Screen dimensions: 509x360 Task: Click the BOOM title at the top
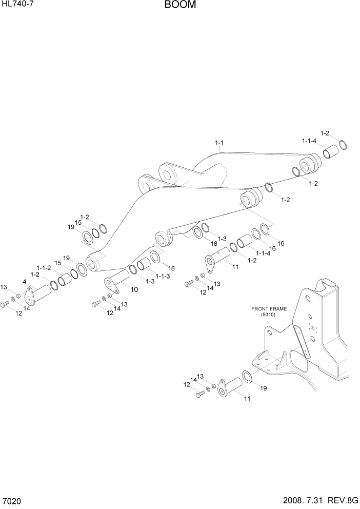click(x=180, y=6)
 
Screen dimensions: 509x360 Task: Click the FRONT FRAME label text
click(x=269, y=309)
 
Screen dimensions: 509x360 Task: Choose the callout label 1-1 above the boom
click(x=219, y=142)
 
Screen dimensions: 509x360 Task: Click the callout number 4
click(x=24, y=281)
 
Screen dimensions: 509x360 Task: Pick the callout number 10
click(x=134, y=289)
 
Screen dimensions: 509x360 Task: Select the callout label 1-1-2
click(x=44, y=268)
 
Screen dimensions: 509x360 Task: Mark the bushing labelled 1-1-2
click(x=65, y=281)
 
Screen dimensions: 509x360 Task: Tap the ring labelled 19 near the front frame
click(x=247, y=378)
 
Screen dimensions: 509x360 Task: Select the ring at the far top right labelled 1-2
click(x=344, y=145)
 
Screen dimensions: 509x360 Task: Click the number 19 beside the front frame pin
click(x=264, y=388)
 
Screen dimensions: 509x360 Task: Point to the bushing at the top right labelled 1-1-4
click(x=330, y=153)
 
